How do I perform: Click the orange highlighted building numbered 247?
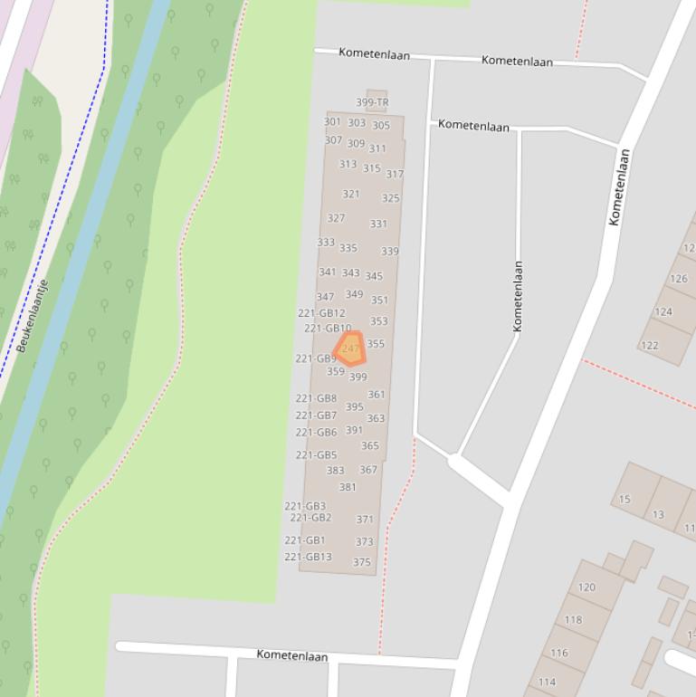point(349,348)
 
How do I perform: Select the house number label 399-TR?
point(372,102)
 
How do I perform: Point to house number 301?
point(332,121)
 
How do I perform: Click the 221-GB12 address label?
point(321,313)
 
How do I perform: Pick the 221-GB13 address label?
point(308,557)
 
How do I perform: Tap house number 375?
point(362,562)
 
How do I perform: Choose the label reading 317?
point(395,174)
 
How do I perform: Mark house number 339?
point(389,252)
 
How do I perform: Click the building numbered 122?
point(650,345)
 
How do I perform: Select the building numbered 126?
point(679,279)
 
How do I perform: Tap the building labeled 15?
point(624,499)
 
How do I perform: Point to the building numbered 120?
point(586,587)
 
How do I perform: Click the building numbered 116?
point(558,653)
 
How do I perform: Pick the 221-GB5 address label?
point(316,455)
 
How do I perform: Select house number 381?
point(348,487)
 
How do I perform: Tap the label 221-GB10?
point(328,329)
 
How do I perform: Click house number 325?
point(390,198)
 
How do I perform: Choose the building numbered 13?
point(658,514)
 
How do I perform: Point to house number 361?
point(377,395)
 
